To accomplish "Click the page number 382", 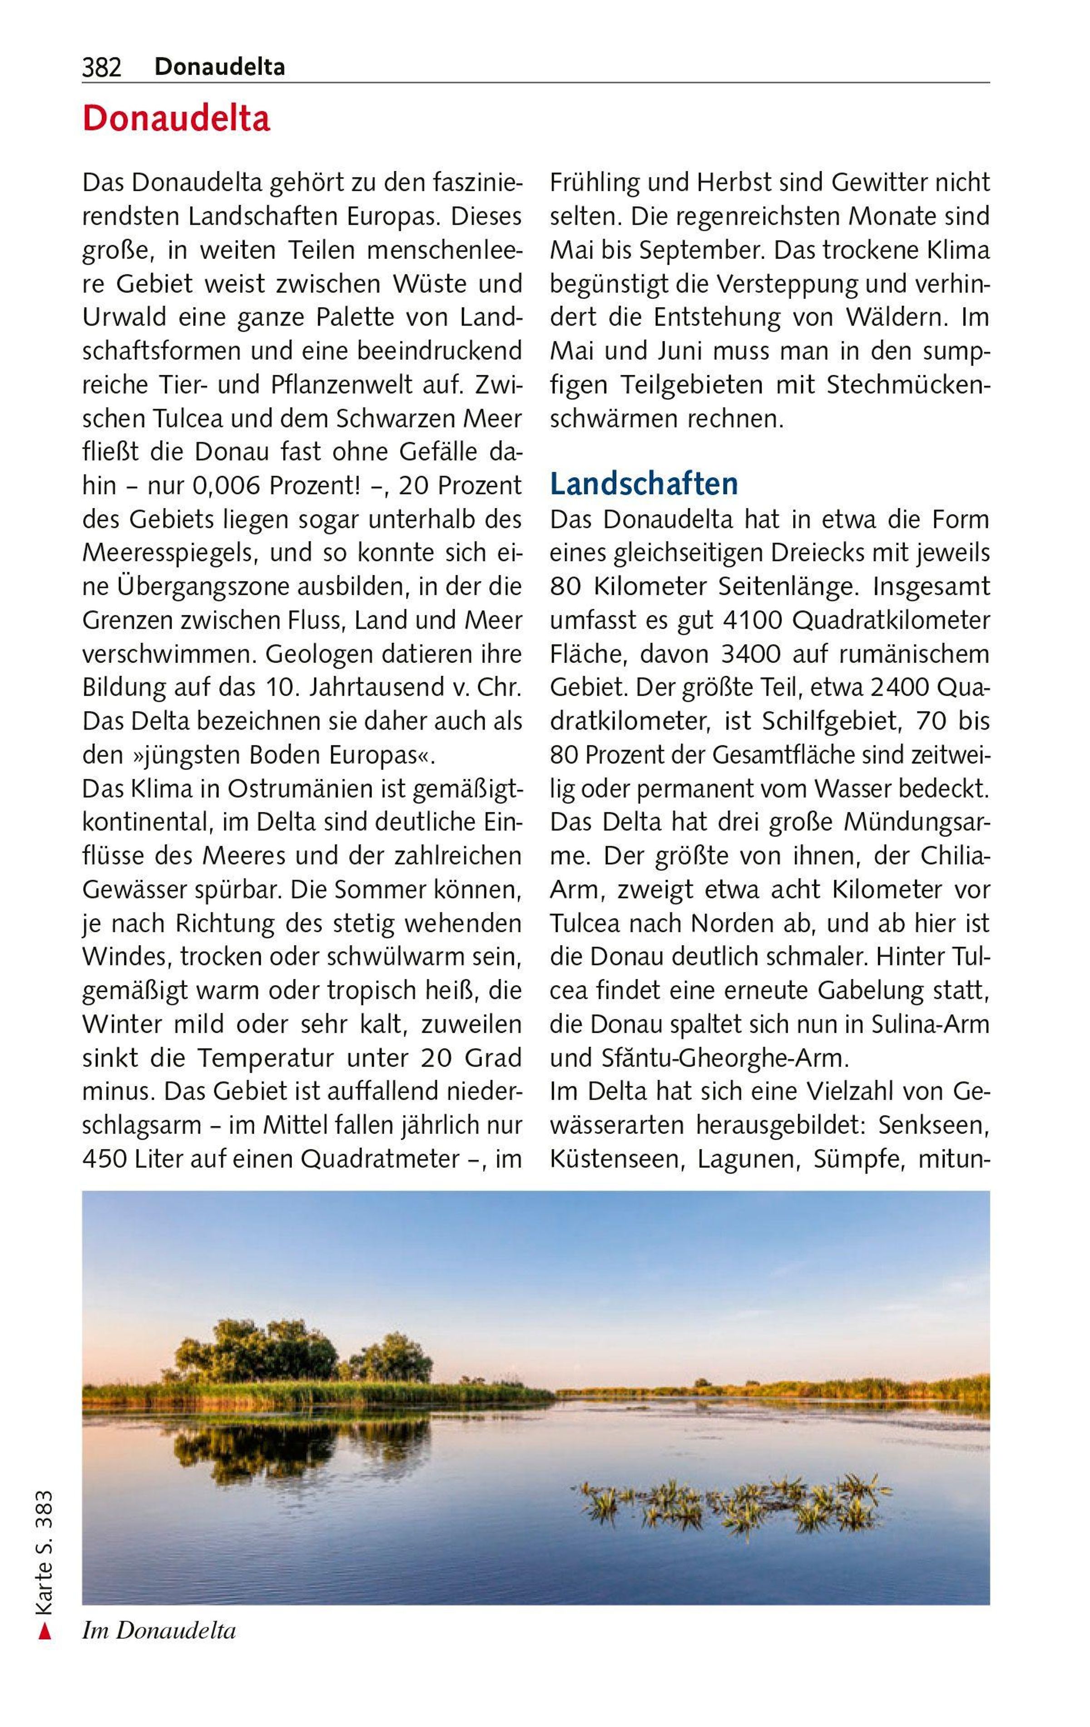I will [x=102, y=67].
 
